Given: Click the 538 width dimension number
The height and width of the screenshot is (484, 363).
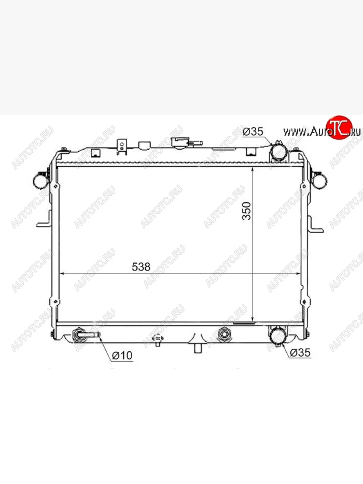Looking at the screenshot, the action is click(x=141, y=267).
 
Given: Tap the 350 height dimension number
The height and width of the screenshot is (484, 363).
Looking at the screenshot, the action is click(x=246, y=211).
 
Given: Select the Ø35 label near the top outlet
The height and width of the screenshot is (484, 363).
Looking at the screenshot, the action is click(x=253, y=131).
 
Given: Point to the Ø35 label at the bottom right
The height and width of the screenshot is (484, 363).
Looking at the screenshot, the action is click(x=300, y=353).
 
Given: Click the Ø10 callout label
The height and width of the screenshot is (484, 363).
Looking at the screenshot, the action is click(x=122, y=355).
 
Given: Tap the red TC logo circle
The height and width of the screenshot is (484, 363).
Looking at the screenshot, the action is click(x=339, y=127).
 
